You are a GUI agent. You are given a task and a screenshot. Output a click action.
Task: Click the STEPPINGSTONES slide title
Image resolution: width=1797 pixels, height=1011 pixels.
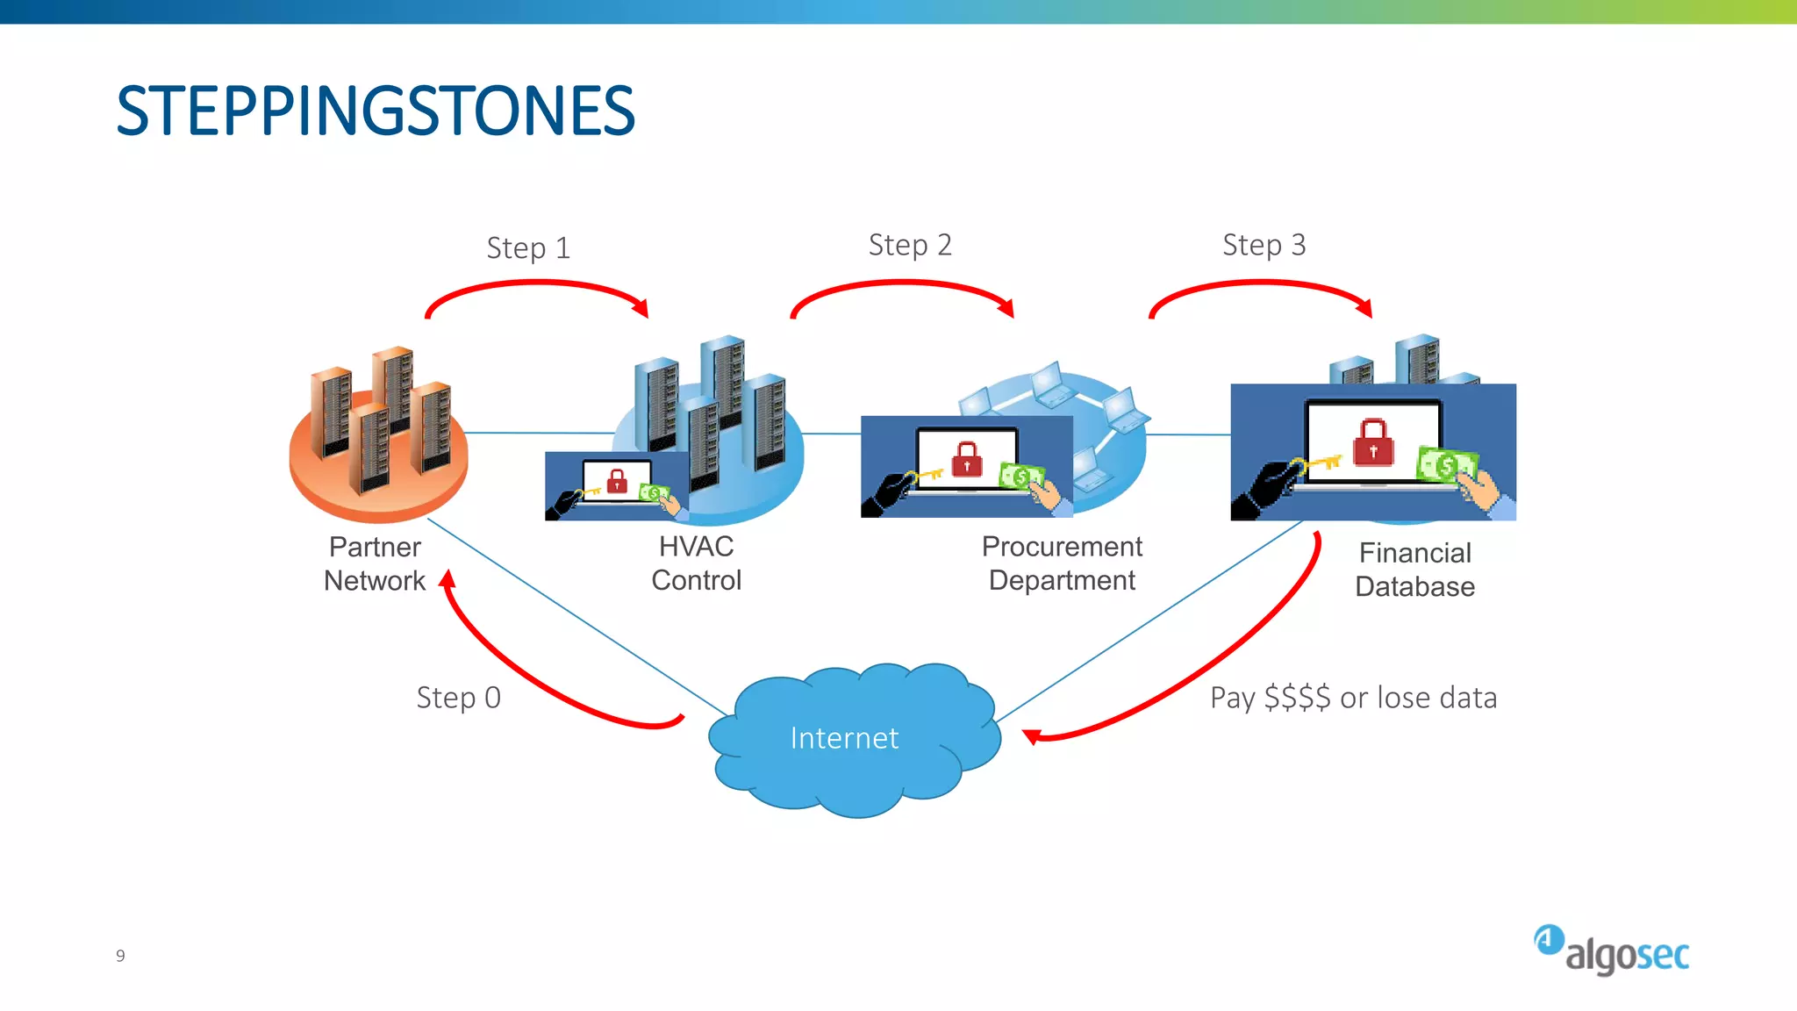click(376, 111)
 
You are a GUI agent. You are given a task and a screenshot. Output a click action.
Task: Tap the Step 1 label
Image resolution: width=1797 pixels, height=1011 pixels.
click(528, 248)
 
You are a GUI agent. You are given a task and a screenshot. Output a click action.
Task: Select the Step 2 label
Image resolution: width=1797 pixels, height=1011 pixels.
click(910, 245)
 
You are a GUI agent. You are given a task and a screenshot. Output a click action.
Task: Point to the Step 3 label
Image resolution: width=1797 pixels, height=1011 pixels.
click(1264, 245)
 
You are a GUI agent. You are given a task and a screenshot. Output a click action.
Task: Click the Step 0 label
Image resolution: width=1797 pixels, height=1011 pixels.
click(458, 698)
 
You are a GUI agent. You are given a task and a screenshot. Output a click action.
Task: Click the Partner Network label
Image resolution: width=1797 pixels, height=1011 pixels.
click(375, 563)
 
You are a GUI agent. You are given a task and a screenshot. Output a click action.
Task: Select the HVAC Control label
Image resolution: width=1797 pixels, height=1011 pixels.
click(696, 563)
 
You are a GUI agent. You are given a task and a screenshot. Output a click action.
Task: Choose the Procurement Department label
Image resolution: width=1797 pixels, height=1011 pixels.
click(1062, 563)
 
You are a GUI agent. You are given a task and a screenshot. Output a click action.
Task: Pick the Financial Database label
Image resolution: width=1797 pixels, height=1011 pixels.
click(1414, 570)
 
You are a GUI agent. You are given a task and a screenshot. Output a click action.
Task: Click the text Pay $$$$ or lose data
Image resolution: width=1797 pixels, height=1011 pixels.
click(1353, 698)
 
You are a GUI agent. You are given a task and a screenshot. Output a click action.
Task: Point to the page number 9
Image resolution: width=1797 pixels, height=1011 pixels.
click(120, 956)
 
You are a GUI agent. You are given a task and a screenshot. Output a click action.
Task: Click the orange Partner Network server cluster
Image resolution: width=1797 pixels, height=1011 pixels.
click(379, 430)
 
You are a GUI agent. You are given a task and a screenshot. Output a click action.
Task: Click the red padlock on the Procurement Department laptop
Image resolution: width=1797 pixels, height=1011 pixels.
click(967, 458)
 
